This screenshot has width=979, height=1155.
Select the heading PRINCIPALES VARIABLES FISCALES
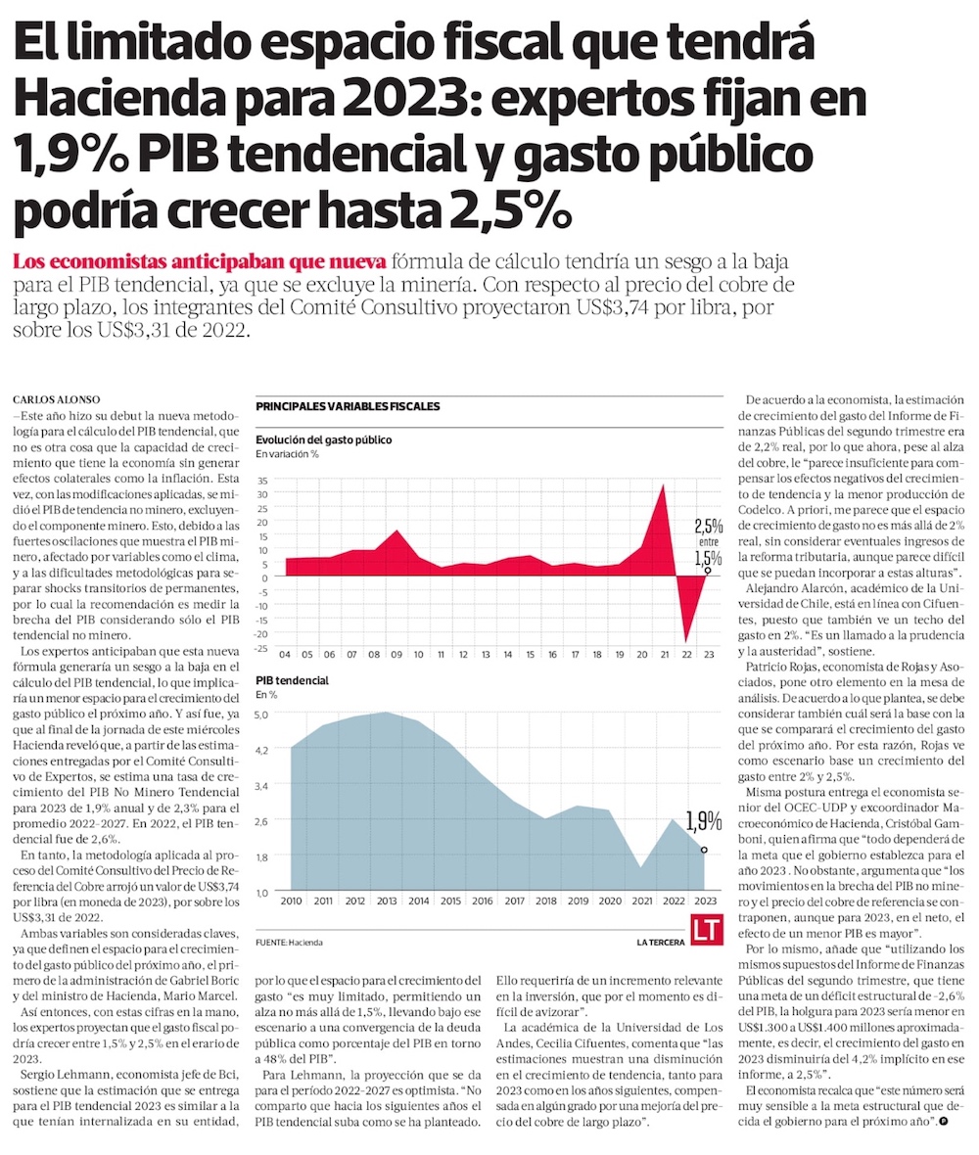(x=348, y=406)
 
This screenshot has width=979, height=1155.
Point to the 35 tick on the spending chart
(x=262, y=482)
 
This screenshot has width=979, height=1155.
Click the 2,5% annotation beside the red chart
(x=708, y=525)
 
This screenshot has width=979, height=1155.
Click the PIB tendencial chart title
(x=292, y=679)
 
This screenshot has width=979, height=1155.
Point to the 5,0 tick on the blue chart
(x=261, y=715)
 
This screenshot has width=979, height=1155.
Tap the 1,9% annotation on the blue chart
(x=704, y=820)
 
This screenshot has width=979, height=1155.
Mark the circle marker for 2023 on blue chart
(x=704, y=851)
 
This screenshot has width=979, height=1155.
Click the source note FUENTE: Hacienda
(x=289, y=942)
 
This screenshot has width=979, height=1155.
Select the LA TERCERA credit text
(x=658, y=942)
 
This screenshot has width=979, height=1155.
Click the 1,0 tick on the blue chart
(x=261, y=893)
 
